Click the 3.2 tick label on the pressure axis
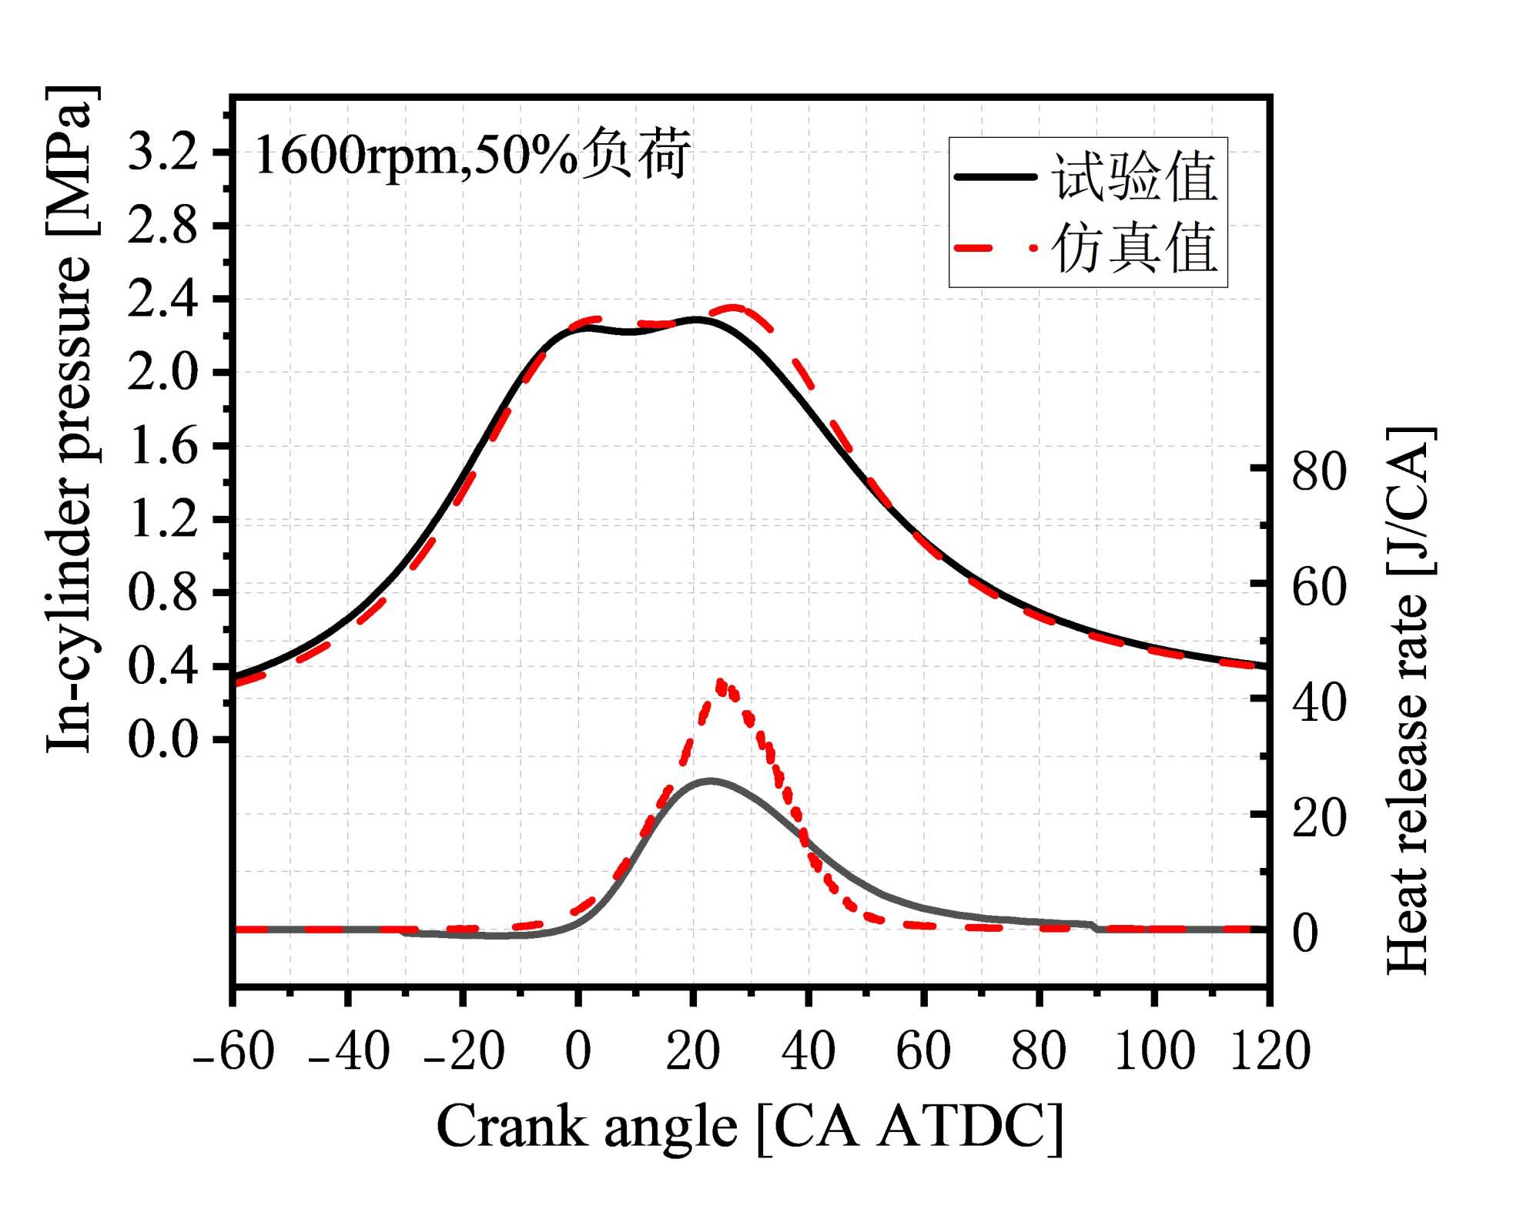pos(162,152)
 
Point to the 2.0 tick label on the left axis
pos(162,373)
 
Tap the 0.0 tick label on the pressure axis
pos(162,740)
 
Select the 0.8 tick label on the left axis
pos(162,593)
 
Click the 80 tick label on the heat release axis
pos(1319,471)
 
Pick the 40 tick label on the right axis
pos(1319,702)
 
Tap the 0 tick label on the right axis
pos(1305,933)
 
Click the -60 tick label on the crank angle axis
pos(233,1050)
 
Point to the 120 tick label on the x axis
pos(1270,1050)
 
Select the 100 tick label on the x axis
pos(1154,1050)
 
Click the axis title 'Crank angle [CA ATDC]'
pos(750,1127)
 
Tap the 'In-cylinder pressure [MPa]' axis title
pos(71,419)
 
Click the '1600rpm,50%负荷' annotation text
pos(472,155)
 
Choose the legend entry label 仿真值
pos(1134,248)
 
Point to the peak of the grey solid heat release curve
pos(710,780)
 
